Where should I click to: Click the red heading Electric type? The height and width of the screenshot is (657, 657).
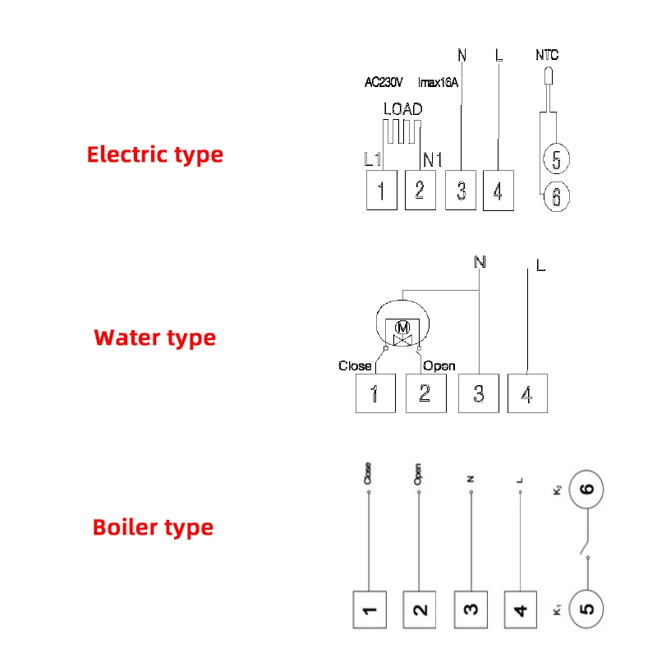[154, 154]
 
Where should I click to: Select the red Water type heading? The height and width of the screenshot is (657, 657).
[154, 338]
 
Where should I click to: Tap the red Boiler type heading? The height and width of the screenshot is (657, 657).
[153, 527]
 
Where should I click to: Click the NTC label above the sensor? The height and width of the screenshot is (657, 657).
[546, 56]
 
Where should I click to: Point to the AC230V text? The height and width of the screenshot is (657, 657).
[384, 82]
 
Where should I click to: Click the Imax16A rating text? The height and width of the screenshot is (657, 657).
[438, 82]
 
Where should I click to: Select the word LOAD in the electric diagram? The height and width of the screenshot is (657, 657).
[402, 109]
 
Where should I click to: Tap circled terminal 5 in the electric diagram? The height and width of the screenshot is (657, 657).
[556, 160]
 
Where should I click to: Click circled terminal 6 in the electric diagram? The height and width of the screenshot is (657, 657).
[556, 197]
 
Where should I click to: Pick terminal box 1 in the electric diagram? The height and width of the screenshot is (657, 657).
[381, 191]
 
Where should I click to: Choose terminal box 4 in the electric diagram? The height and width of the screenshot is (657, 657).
[498, 191]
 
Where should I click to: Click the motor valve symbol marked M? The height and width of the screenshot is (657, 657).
[402, 328]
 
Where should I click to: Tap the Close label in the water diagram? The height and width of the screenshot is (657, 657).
[355, 365]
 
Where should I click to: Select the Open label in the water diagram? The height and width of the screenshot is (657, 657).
[439, 365]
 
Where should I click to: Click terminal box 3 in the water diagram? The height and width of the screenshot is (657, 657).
[478, 393]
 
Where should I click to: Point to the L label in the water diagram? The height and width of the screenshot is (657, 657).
[540, 266]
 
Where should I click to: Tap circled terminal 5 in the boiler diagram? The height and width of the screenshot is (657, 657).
[586, 609]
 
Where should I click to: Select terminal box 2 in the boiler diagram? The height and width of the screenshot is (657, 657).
[420, 610]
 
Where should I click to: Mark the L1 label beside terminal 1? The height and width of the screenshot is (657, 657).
[372, 159]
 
